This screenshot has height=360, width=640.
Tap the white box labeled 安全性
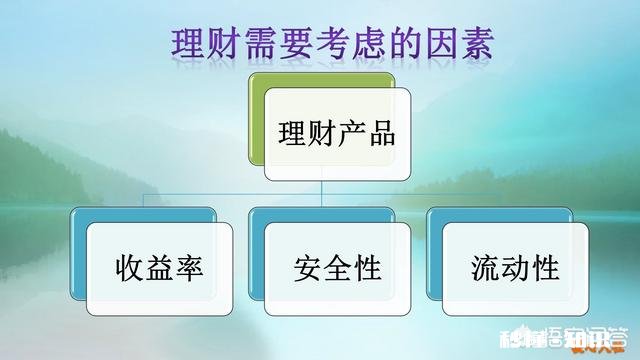click(338, 268)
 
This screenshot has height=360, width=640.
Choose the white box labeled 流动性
click(515, 268)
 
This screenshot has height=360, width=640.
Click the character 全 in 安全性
click(338, 269)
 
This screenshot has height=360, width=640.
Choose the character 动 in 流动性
click(515, 269)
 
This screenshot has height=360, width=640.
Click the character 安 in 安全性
click(309, 269)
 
